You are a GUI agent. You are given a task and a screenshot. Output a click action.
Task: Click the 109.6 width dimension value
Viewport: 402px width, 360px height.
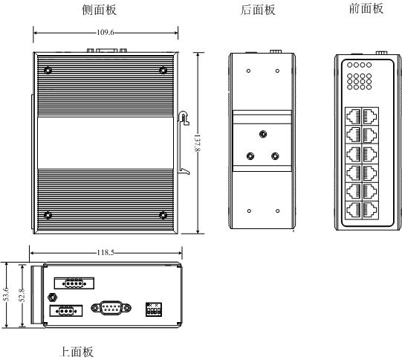(x=105, y=33)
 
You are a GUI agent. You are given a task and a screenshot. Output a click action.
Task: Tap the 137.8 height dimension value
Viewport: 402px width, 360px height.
(x=197, y=143)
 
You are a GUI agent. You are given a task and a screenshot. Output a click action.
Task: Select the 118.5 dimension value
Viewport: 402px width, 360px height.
(x=106, y=253)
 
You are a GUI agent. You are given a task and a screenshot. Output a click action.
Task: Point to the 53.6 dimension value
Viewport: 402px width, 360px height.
(x=6, y=295)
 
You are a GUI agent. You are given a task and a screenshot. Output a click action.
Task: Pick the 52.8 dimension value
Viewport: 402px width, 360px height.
(x=22, y=295)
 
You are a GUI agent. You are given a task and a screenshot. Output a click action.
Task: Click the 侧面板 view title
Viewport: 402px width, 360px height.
(x=100, y=10)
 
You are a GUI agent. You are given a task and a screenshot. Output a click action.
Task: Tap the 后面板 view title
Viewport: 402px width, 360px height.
(x=258, y=10)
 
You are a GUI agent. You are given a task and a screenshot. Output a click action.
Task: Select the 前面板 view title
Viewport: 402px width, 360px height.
(x=366, y=9)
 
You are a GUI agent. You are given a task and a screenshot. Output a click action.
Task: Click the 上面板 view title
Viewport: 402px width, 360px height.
(x=76, y=352)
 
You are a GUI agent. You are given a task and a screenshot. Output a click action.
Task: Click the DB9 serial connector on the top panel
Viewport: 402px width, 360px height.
(x=111, y=308)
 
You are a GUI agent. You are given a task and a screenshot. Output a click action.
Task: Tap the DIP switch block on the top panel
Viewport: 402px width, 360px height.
(x=154, y=309)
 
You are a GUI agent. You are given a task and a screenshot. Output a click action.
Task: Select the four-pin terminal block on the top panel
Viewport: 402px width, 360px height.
(x=74, y=283)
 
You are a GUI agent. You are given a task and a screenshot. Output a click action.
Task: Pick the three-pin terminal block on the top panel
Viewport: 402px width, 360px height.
(x=66, y=311)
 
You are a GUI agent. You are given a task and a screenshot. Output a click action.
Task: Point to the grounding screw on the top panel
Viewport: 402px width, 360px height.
(x=53, y=298)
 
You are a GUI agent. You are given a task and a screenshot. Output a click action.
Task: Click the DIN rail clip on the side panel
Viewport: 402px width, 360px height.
(x=184, y=143)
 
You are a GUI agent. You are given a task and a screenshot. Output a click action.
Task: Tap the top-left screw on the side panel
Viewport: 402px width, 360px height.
(x=48, y=71)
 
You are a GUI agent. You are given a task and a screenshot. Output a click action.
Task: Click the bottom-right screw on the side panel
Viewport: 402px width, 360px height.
(x=163, y=215)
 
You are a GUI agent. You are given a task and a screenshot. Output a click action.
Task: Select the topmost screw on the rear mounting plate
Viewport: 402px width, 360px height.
(x=263, y=134)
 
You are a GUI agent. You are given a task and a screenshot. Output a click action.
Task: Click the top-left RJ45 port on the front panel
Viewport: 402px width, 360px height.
(x=354, y=116)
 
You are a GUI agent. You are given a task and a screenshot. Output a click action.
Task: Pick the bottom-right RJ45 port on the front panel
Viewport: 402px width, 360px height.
(x=370, y=210)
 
